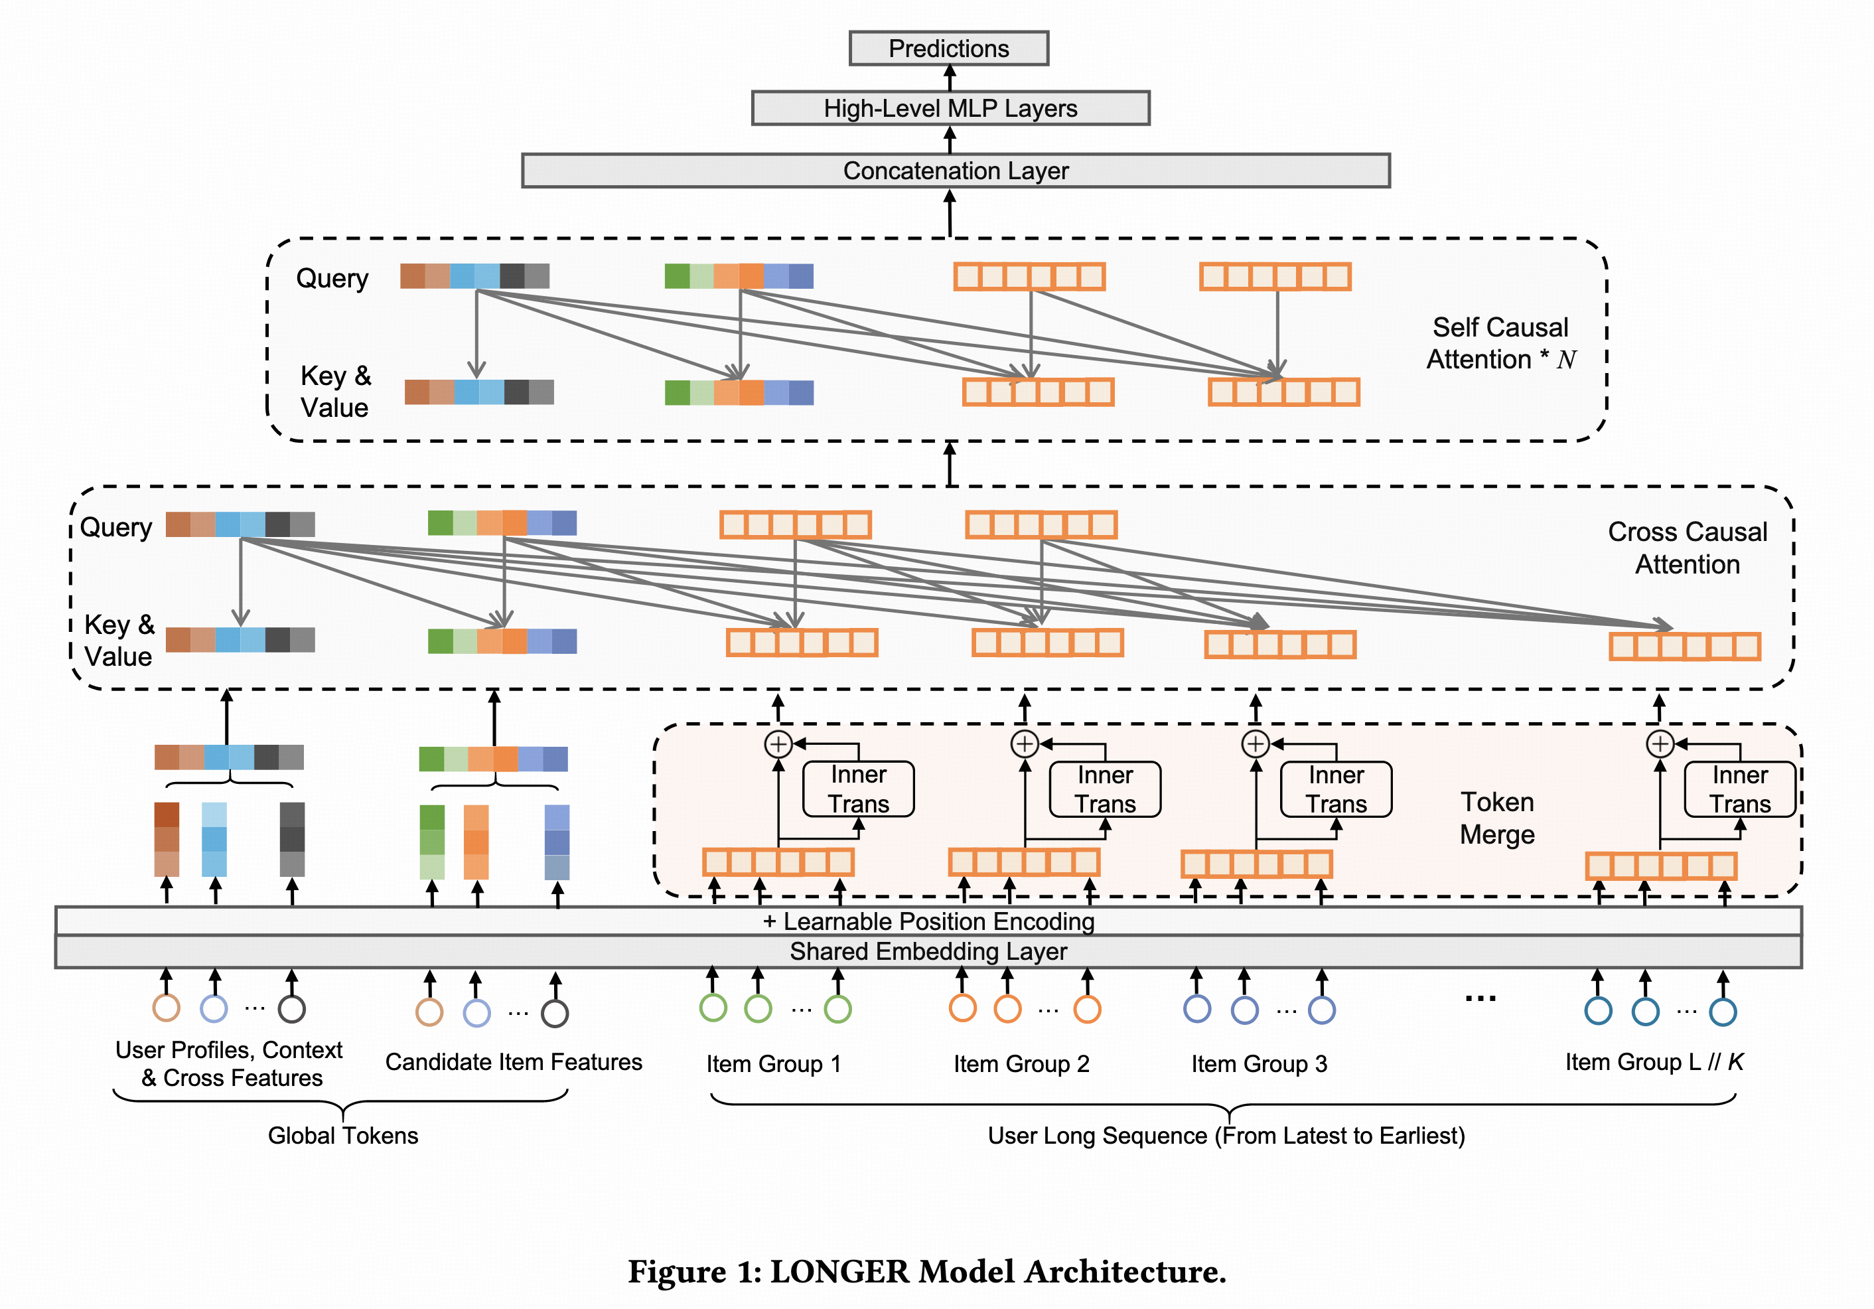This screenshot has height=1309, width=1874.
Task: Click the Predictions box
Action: point(948,48)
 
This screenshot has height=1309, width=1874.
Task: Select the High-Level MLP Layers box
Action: point(950,108)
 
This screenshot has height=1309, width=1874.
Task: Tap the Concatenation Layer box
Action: point(955,171)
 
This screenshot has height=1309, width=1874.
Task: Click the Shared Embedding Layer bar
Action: point(928,952)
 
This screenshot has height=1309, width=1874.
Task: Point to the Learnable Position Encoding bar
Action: point(928,921)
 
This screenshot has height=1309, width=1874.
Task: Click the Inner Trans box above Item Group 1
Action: point(859,789)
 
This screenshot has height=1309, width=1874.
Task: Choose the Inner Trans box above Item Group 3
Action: point(1336,789)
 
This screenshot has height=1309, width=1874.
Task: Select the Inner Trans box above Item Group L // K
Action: point(1740,789)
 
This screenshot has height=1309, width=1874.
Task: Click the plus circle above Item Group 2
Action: point(1025,744)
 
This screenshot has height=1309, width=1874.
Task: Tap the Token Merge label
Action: point(1497,817)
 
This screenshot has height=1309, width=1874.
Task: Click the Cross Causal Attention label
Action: point(1687,548)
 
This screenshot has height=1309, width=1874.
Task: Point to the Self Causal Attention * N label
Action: point(1500,343)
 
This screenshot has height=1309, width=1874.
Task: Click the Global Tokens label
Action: point(343,1136)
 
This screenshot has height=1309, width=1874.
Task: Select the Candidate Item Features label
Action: point(514,1061)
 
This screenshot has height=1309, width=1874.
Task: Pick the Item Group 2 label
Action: point(1021,1064)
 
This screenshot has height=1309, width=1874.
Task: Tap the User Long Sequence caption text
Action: point(1226,1136)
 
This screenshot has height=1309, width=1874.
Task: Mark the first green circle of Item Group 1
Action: point(713,1008)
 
